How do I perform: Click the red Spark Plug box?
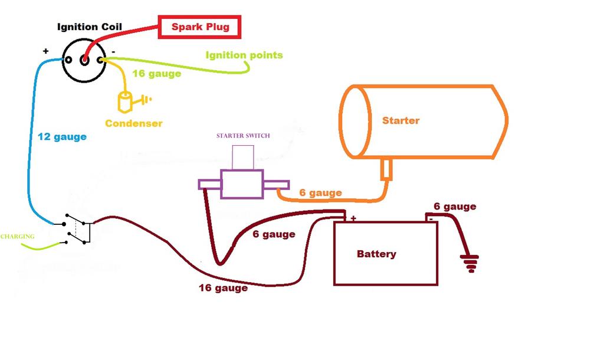tap(200, 27)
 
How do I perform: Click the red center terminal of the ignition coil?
tap(85, 59)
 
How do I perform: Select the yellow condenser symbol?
tap(126, 103)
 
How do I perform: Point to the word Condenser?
tap(134, 123)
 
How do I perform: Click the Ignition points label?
tap(244, 55)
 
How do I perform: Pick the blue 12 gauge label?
tap(62, 137)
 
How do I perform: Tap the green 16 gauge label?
tap(156, 74)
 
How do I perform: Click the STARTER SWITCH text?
tap(243, 136)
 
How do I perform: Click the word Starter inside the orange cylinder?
tap(401, 120)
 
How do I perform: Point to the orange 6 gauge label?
tap(320, 193)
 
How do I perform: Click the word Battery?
tap(376, 254)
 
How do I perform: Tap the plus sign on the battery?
tap(353, 218)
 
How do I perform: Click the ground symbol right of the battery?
tap(470, 263)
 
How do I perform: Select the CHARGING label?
tap(17, 237)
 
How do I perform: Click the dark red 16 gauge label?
tap(223, 289)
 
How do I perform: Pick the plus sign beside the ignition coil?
tap(45, 51)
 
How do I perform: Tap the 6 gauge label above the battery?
tap(454, 207)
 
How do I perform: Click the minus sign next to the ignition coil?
tap(113, 51)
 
